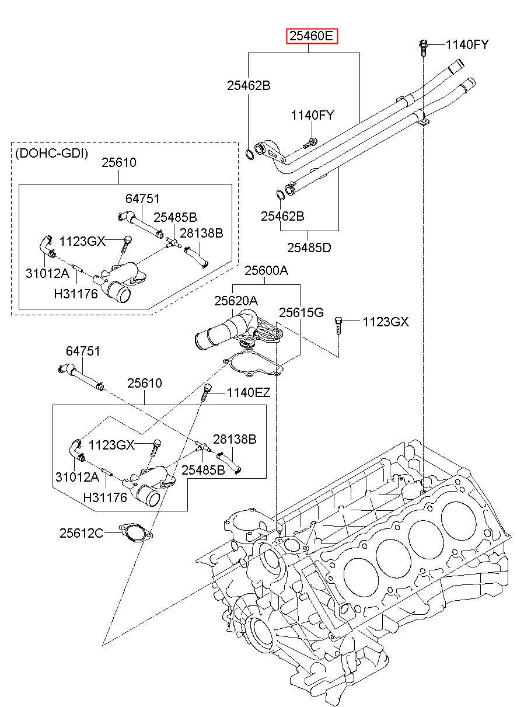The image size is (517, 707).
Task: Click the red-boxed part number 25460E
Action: pos(312,36)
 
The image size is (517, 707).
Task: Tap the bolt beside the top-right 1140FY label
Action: pos(423,47)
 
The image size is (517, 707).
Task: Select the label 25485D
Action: pos(309,248)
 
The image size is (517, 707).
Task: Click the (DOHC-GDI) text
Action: pos(51,154)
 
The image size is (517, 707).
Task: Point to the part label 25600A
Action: pos(266,270)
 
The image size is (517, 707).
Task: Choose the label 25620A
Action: pos(236,301)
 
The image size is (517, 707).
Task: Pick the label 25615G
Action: pos(302,312)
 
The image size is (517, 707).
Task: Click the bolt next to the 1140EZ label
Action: pos(205,392)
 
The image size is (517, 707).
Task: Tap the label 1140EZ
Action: pos(249,393)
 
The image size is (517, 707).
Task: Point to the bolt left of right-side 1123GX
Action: pos(338,325)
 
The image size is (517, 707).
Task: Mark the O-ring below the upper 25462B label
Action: pos(249,154)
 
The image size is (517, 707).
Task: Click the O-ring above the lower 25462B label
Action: pos(280,194)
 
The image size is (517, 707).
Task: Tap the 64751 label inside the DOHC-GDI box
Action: pos(142,198)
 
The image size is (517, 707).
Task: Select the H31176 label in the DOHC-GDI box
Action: pos(76,294)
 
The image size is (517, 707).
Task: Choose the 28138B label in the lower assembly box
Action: pos(235,439)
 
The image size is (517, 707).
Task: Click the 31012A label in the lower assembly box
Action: pos(77,476)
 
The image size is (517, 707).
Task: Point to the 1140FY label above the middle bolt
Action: pos(312,115)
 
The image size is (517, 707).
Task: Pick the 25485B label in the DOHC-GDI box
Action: pos(175,217)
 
